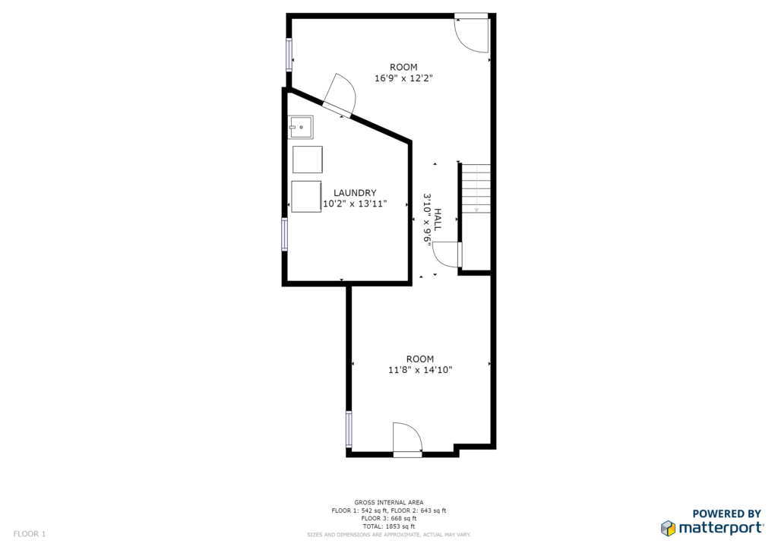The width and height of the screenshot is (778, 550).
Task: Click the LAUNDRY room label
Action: [x=355, y=193]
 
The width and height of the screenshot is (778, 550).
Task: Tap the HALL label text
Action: [x=438, y=220]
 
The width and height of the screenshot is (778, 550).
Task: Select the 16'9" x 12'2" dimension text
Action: [x=404, y=78]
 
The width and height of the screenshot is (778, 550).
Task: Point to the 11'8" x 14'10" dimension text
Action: [x=420, y=370]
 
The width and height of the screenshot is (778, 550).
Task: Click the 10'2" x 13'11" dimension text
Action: [x=355, y=204]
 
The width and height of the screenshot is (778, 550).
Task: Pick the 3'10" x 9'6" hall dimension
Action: [x=427, y=218]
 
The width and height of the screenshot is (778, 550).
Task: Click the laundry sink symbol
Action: [x=301, y=127]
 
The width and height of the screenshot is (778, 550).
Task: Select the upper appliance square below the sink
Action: [x=308, y=160]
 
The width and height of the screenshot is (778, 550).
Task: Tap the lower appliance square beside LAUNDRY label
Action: [x=306, y=197]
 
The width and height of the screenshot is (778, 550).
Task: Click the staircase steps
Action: [x=476, y=188]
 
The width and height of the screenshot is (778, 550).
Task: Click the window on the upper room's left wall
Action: [x=288, y=55]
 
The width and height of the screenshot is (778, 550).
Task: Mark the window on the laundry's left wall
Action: [x=284, y=234]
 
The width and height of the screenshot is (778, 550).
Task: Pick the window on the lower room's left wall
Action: [x=349, y=429]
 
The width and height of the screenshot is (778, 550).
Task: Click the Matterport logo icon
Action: [x=669, y=528]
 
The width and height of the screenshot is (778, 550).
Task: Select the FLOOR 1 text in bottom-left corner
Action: [x=30, y=534]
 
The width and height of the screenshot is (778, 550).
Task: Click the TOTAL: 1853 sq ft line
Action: [x=389, y=526]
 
